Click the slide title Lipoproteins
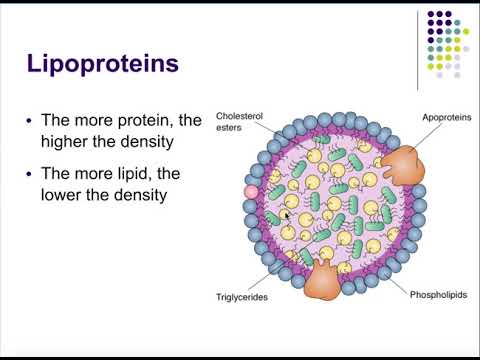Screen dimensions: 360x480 tap(103, 64)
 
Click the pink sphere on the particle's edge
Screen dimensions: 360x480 tap(251, 191)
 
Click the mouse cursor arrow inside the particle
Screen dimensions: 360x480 tap(286, 215)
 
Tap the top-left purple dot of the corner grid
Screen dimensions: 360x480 tap(431, 15)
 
